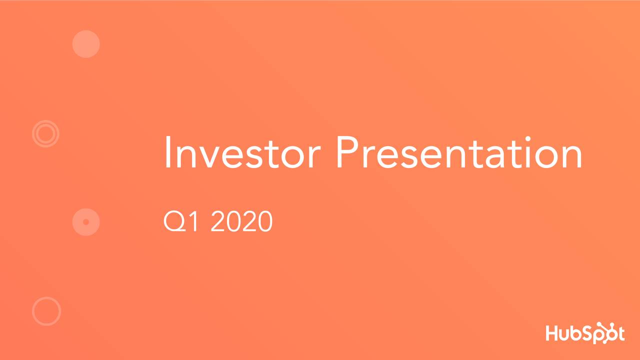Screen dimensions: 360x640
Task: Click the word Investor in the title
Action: [x=241, y=152]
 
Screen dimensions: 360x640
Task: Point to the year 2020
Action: [x=241, y=222]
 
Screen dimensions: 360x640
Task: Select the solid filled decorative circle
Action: [x=86, y=44]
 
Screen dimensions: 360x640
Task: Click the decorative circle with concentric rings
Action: [x=45, y=133]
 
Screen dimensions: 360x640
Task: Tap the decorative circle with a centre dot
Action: [x=86, y=221]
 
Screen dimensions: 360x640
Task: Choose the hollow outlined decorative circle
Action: [x=46, y=311]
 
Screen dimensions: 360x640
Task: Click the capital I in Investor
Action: [x=167, y=152]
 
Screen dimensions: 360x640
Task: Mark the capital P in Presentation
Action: [x=347, y=152]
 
